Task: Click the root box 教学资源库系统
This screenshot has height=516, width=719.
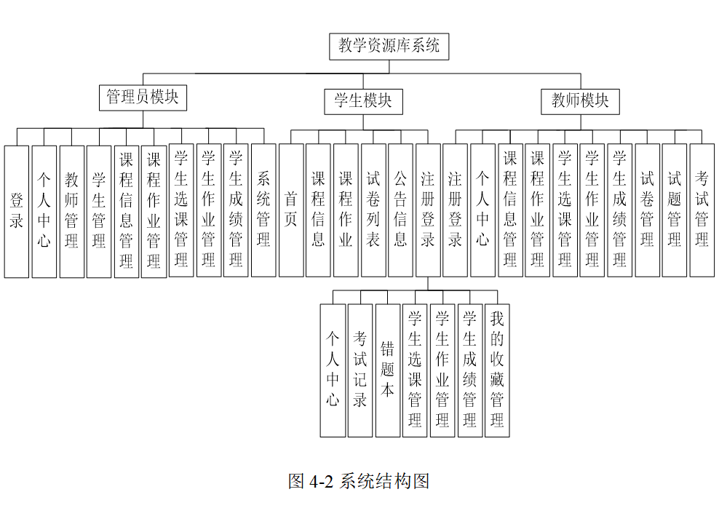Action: [389, 47]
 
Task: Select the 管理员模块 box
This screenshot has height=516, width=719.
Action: [143, 98]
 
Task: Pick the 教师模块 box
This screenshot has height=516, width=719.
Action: [580, 100]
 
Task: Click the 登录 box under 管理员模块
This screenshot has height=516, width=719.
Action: [17, 211]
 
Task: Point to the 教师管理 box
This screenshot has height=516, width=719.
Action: [71, 211]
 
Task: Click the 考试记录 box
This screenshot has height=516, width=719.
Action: [359, 370]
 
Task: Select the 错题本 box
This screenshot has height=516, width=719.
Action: [387, 370]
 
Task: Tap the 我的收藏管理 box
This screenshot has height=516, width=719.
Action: [497, 370]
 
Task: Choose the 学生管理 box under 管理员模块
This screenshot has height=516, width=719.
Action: [99, 211]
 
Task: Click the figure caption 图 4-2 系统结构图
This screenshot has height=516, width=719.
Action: [359, 481]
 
